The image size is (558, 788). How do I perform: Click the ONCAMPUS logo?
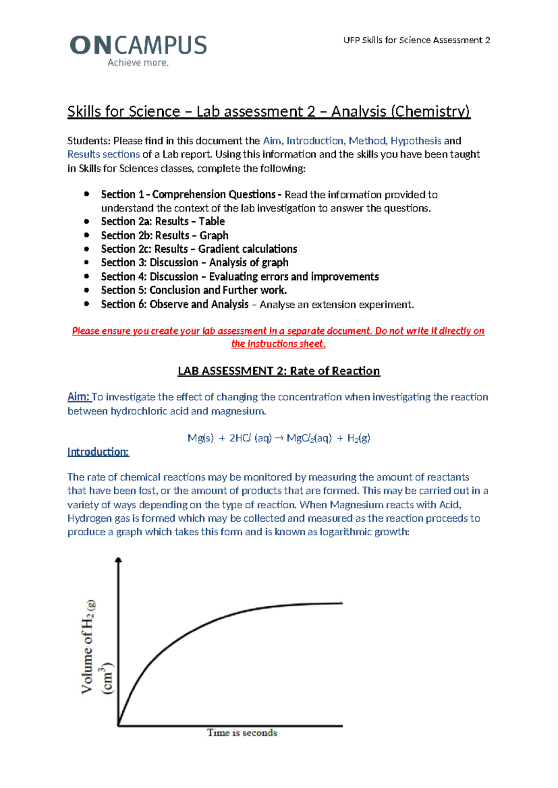[138, 46]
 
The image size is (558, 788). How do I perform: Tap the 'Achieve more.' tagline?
[138, 63]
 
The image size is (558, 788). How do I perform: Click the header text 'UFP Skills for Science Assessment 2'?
[416, 40]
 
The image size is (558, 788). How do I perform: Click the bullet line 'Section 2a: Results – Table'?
[163, 222]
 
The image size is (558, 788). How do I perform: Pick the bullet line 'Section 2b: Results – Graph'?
[165, 236]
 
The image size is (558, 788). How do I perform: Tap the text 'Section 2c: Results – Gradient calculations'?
[199, 249]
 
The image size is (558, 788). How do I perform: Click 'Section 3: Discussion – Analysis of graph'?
[194, 263]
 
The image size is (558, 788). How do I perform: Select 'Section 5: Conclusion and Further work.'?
[194, 290]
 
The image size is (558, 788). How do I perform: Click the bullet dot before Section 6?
[86, 304]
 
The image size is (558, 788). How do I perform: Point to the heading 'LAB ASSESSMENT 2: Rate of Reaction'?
[279, 371]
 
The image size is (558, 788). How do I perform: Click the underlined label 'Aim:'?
[79, 397]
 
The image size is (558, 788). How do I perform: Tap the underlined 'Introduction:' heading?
[98, 452]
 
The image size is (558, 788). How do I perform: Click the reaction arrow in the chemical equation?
[279, 438]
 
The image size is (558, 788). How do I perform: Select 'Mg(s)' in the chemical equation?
[200, 438]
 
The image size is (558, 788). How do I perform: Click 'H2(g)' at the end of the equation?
[359, 438]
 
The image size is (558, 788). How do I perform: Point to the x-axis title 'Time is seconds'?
[242, 733]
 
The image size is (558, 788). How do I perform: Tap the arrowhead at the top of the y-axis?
[119, 561]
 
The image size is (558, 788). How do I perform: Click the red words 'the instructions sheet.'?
[279, 344]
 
